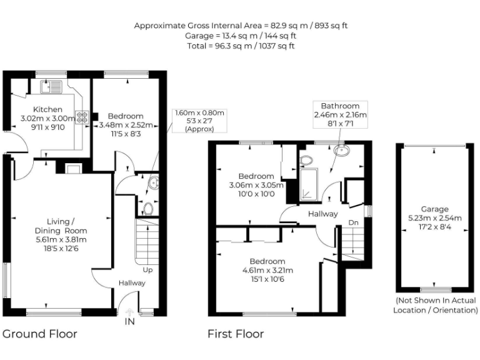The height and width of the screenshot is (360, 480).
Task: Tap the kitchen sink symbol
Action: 49,87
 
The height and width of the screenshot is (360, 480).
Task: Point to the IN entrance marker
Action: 129,321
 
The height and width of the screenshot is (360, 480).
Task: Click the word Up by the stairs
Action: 147,270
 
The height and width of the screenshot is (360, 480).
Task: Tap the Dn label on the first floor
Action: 353,222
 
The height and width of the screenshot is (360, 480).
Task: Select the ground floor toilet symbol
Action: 149,208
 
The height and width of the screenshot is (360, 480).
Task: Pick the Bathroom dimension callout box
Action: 340,115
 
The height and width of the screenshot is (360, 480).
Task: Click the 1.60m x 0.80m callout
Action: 200,121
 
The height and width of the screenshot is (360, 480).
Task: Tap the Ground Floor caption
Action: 40,334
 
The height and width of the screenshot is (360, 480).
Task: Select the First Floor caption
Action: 236,334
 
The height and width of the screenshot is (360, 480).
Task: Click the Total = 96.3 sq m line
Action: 241,46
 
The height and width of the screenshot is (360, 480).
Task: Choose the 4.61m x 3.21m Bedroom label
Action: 267,270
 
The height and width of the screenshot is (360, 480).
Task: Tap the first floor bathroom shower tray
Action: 309,184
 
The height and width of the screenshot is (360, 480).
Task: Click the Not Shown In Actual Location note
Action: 436,306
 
